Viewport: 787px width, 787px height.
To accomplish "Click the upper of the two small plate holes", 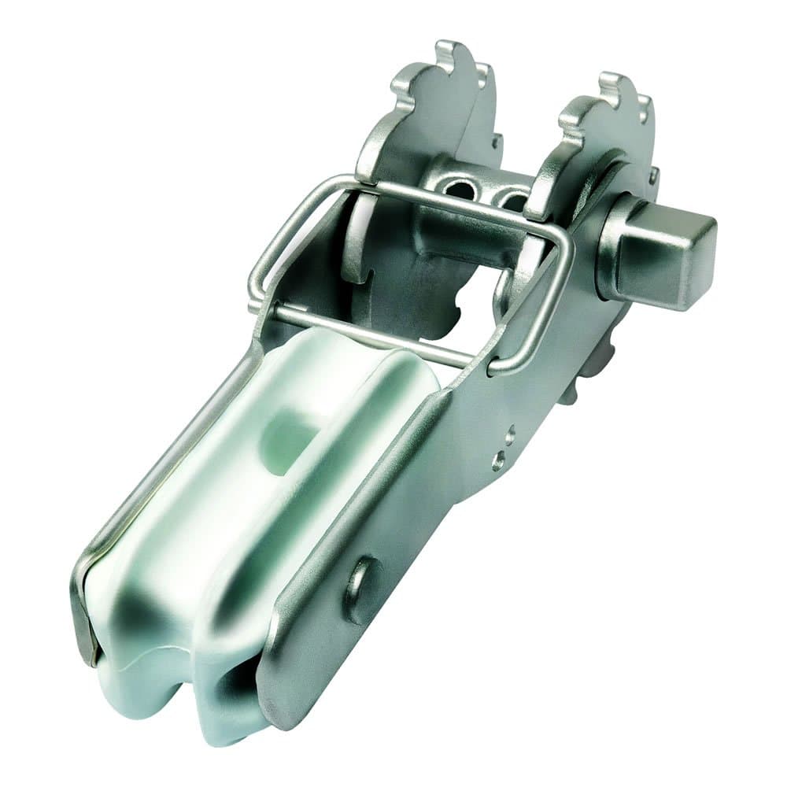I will (510, 433).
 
